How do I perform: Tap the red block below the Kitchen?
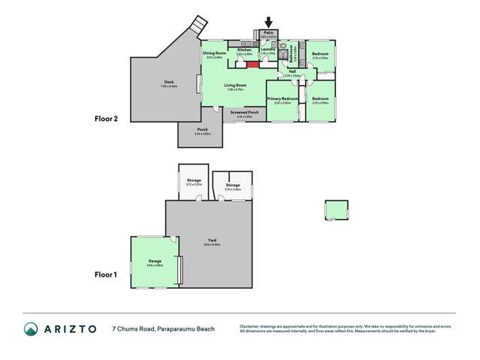pyautogui.click(x=252, y=64)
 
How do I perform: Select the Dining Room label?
pyautogui.click(x=215, y=53)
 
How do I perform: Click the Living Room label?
pyautogui.click(x=236, y=86)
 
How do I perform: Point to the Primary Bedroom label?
pyautogui.click(x=282, y=99)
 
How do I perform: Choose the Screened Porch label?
pyautogui.click(x=245, y=113)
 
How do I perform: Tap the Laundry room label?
pyautogui.click(x=268, y=50)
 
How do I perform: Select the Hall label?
pyautogui.click(x=292, y=72)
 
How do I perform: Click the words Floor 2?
pyautogui.click(x=106, y=119)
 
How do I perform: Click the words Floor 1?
pyautogui.click(x=106, y=275)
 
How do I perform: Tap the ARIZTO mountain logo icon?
pyautogui.click(x=31, y=328)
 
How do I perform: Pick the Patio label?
pyautogui.click(x=269, y=33)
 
